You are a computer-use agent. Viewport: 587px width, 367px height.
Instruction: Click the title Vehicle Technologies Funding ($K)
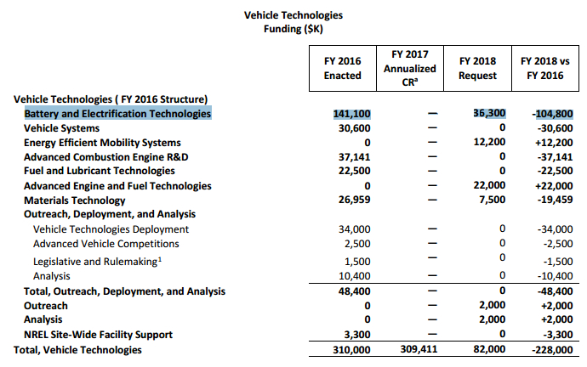(x=293, y=22)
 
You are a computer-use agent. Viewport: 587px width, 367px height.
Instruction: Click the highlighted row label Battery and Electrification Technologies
(x=117, y=113)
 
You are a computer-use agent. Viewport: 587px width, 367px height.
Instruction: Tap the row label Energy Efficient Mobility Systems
(x=102, y=142)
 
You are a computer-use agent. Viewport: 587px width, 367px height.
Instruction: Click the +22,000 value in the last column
(x=550, y=185)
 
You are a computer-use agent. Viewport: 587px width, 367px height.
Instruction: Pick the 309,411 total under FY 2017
(x=416, y=349)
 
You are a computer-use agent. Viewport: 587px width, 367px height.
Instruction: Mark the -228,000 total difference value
(x=549, y=349)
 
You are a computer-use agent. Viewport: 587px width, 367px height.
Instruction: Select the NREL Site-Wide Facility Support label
(x=98, y=335)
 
